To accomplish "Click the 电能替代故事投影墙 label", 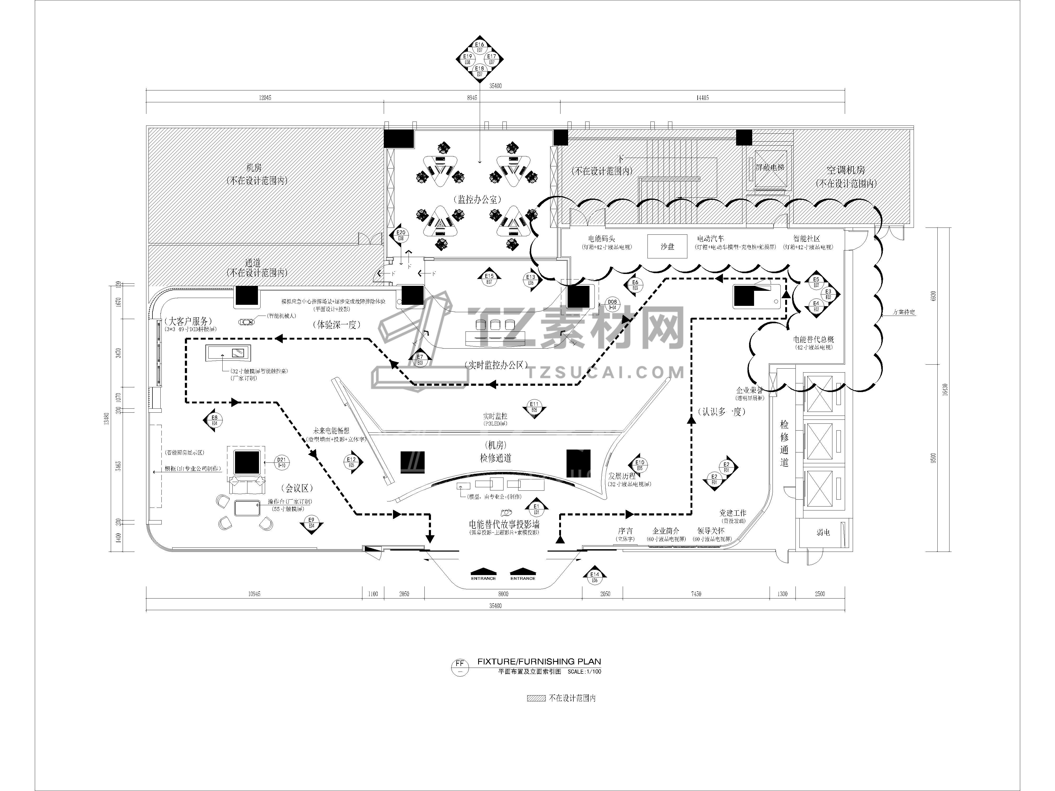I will tap(504, 524).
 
